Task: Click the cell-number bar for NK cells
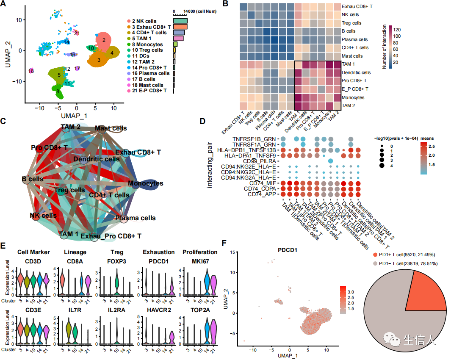click(x=180, y=21)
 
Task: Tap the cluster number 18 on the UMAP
click(x=31, y=71)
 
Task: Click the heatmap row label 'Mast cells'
click(x=352, y=56)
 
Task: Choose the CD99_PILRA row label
click(x=262, y=161)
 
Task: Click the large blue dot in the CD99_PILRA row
click(x=330, y=161)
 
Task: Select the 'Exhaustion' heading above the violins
click(x=159, y=252)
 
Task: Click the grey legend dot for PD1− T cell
click(x=375, y=263)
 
